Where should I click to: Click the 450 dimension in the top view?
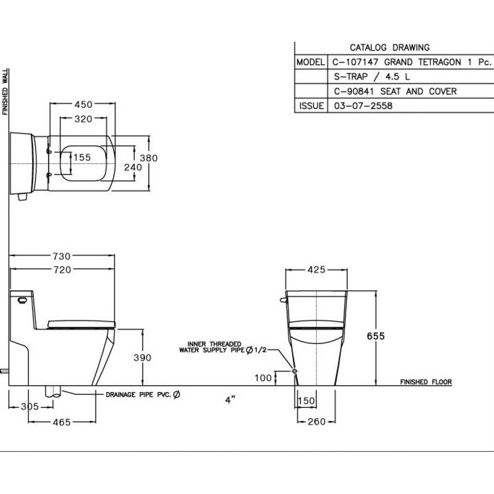83,104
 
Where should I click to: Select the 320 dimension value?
83,119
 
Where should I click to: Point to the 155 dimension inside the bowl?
82,157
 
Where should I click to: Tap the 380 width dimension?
149,158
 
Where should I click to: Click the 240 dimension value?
133,167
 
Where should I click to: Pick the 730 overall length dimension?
62,256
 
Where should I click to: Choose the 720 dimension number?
62,270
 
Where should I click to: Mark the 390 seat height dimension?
142,358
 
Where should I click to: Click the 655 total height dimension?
376,336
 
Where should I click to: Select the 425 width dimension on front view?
316,269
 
